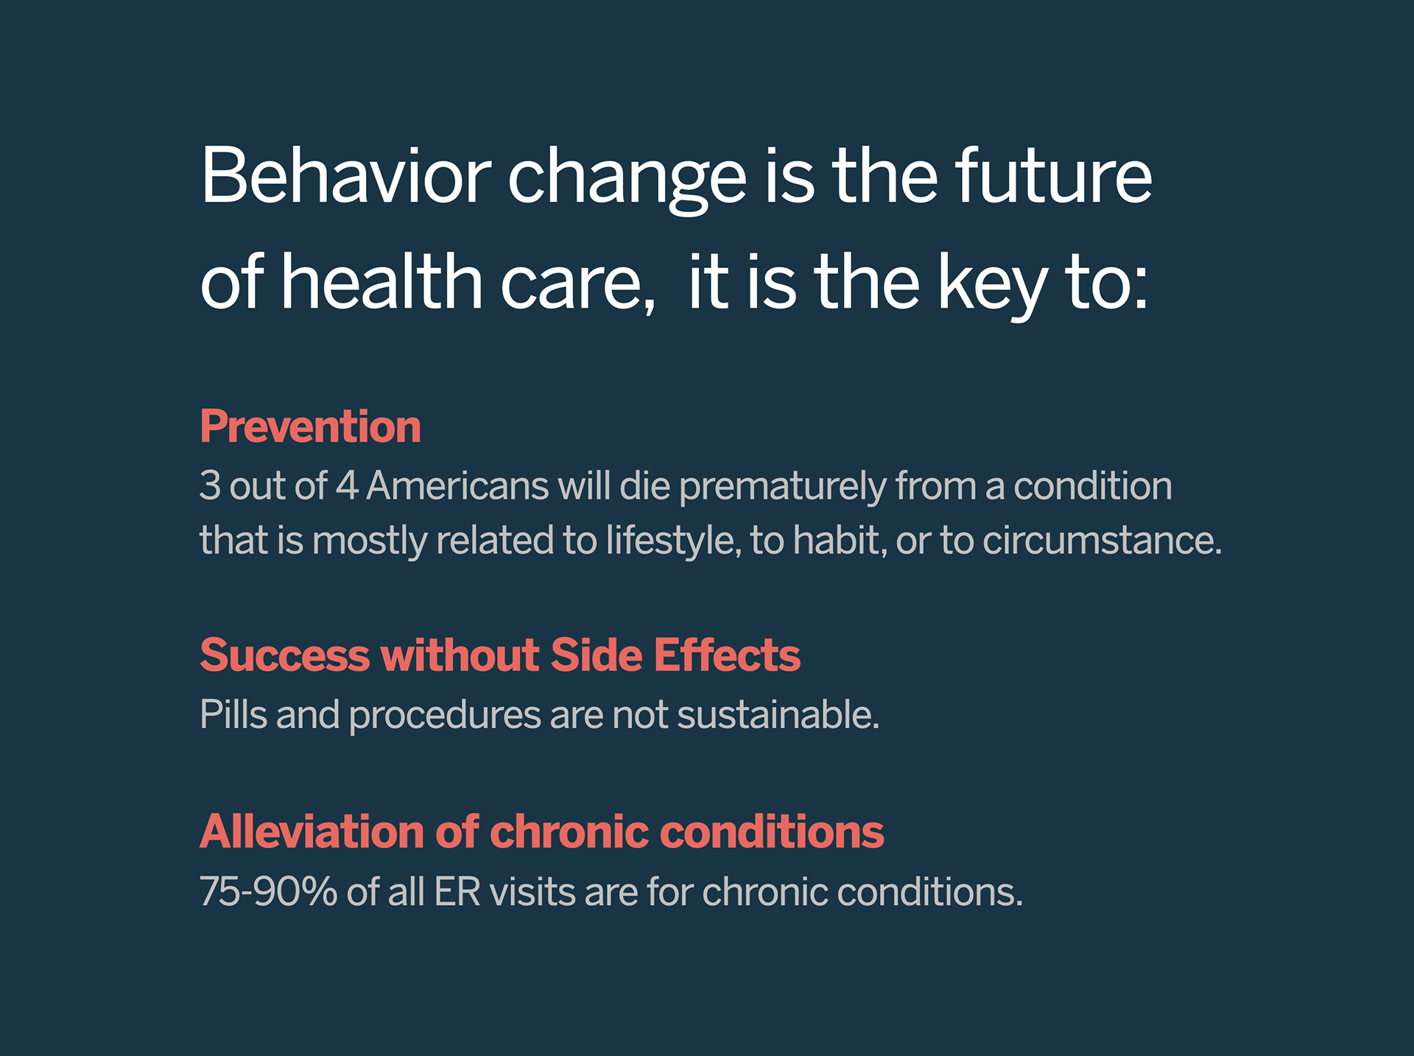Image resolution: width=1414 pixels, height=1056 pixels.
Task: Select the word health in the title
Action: pos(381,281)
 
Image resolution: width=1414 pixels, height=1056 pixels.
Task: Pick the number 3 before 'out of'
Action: pos(210,485)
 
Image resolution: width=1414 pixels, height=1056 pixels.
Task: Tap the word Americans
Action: pos(457,485)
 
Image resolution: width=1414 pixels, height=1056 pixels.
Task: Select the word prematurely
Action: pos(782,487)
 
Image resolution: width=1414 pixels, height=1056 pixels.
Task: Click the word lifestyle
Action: pos(671,541)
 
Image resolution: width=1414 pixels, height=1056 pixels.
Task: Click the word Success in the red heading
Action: pos(284,655)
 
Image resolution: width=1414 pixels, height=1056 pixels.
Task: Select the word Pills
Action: pos(233,714)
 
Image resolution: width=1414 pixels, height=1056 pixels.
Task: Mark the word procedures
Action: pos(445,717)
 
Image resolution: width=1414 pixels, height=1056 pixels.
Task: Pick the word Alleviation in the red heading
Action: pos(312,831)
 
